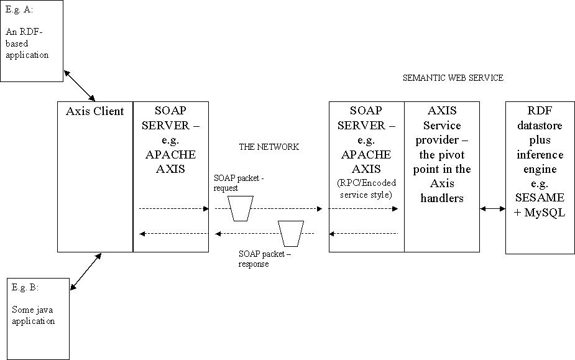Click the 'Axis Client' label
[95, 112]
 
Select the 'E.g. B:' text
[25, 288]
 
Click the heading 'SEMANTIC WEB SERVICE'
[453, 78]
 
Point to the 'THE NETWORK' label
[269, 147]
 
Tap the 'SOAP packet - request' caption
[239, 182]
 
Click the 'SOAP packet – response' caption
[264, 259]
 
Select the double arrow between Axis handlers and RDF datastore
[493, 209]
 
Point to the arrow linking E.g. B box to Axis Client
[86, 271]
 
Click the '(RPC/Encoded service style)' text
[367, 188]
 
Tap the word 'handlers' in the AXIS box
[442, 198]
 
